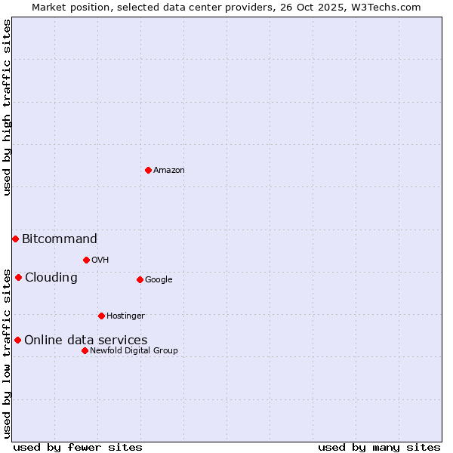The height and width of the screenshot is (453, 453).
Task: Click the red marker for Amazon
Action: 148,170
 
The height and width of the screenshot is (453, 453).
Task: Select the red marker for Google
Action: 140,279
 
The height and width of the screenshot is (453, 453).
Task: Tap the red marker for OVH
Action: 86,260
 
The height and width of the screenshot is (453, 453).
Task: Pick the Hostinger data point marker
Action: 101,316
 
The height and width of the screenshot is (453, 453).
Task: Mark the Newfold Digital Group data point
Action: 85,350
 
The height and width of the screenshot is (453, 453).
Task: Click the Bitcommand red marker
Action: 15,239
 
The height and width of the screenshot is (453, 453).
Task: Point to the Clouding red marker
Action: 18,277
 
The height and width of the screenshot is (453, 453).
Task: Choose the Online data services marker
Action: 17,340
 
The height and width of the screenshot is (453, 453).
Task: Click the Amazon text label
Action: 169,171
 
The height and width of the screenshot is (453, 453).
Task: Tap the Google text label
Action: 159,280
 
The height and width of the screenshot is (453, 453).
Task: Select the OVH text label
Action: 100,260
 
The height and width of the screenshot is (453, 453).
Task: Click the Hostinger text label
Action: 125,316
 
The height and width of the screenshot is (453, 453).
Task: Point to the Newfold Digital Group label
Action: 134,351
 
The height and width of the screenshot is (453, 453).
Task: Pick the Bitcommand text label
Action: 60,239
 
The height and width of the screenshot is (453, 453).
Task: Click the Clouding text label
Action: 51,278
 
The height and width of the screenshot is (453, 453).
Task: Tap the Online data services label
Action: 86,341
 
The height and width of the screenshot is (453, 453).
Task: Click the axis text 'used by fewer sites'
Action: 78,447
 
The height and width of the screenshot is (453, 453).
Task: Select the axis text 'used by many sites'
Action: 379,447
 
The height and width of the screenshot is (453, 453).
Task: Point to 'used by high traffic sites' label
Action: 7,108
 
